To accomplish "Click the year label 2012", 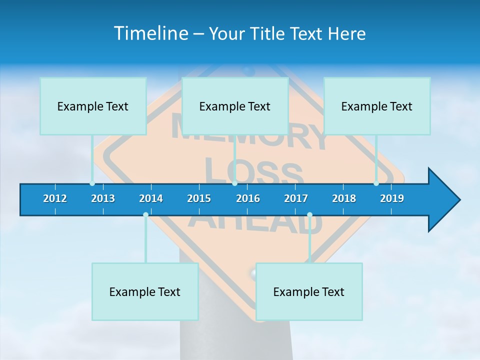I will coord(55,198).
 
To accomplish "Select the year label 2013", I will coord(103,198).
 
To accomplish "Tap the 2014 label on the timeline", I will coord(151,198).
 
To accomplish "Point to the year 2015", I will coord(199,198).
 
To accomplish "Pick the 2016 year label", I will coord(248,198).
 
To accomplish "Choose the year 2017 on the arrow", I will coord(296,198).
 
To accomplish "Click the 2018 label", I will coord(344,198).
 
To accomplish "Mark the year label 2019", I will coord(392,198).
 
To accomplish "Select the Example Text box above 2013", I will coord(93,106).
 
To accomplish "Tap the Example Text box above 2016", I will coord(235,106).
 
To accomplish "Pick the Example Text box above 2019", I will coord(377,106).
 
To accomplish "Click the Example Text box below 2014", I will coord(145,291).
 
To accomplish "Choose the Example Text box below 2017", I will coord(309,291).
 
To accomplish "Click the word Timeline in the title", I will coord(150,33).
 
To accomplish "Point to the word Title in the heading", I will coord(269,33).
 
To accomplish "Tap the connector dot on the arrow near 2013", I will coord(92,183).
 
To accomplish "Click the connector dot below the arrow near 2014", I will coord(145,215).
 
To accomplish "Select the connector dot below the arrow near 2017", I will coord(309,215).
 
